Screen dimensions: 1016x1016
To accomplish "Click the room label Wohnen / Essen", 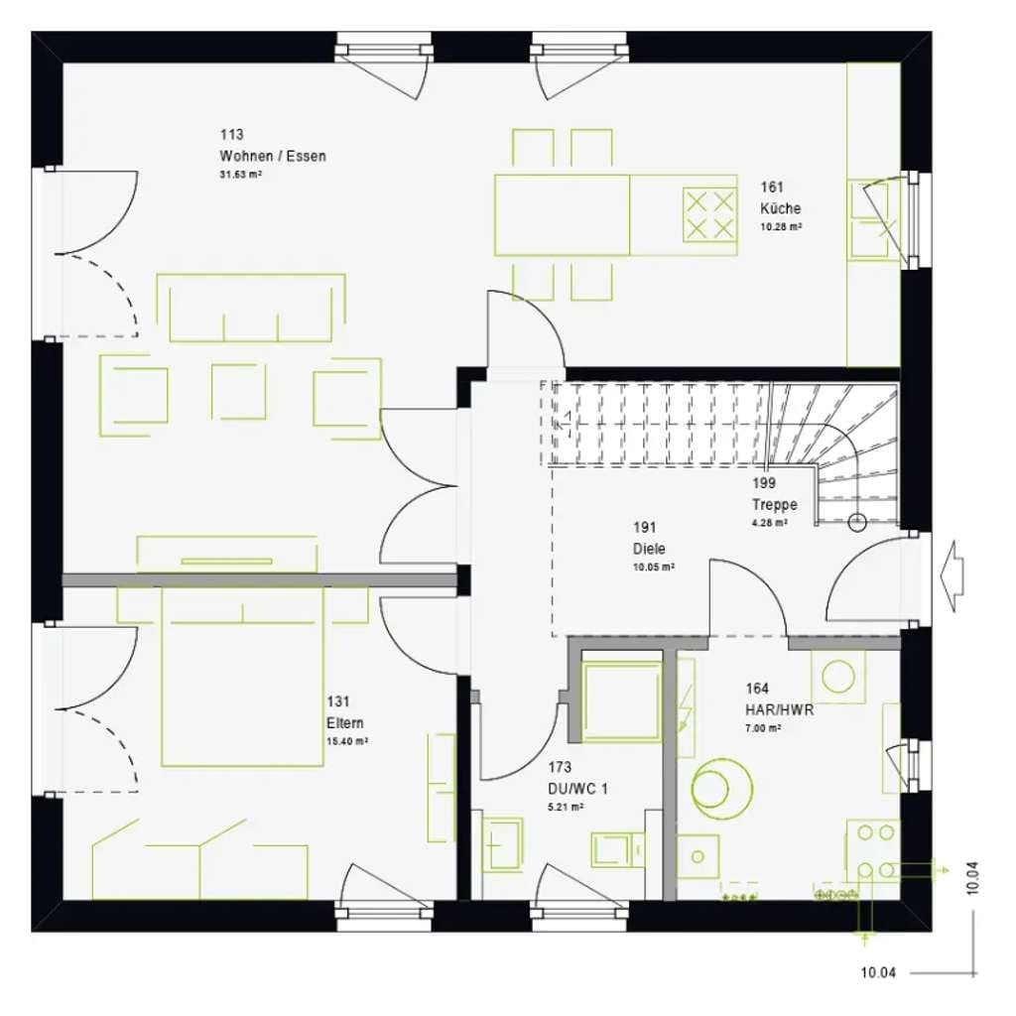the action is (x=273, y=156).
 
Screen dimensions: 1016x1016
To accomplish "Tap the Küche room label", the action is (x=780, y=208).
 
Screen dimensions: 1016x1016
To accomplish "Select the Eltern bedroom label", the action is (x=344, y=723).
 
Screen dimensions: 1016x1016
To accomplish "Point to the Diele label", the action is (x=649, y=549).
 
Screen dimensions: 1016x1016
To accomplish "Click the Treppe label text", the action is (x=774, y=505).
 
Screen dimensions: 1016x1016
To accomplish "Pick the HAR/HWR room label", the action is (x=780, y=710).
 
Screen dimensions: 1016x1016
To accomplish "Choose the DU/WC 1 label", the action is (x=578, y=789).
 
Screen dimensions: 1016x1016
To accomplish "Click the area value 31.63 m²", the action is (x=240, y=175).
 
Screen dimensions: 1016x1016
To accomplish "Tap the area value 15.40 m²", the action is (x=346, y=741).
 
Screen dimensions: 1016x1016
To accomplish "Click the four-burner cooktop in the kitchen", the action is (x=709, y=214).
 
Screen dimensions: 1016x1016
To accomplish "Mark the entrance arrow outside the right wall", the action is (x=952, y=576).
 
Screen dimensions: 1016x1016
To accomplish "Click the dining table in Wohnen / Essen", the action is (x=562, y=215).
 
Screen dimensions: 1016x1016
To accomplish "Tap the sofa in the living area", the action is (x=251, y=309).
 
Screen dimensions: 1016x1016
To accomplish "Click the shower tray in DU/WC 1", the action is (x=621, y=701).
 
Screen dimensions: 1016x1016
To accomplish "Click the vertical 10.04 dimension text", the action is (x=972, y=878).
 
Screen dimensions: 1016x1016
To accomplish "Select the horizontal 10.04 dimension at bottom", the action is (x=878, y=972).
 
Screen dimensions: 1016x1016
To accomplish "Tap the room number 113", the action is (x=231, y=135).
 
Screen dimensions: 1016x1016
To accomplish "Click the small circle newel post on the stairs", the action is (x=857, y=522).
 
